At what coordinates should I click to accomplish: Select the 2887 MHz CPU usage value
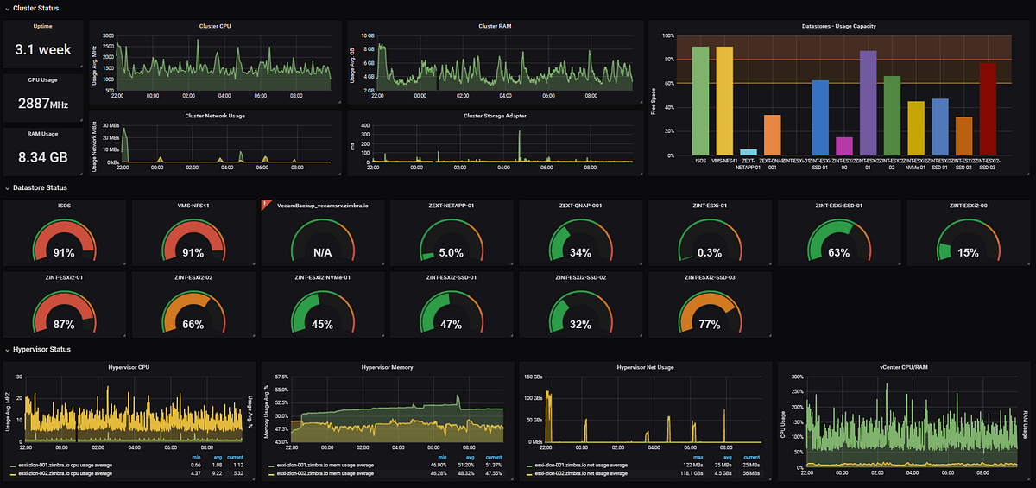[43, 104]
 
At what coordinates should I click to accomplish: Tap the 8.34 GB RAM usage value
[43, 157]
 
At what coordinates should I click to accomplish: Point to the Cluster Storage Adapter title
[495, 115]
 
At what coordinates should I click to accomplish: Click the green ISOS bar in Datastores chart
[700, 101]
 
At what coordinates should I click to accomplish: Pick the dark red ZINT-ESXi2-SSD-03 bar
[989, 110]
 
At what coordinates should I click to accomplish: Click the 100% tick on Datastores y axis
[666, 35]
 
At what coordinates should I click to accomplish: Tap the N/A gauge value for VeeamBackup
[321, 253]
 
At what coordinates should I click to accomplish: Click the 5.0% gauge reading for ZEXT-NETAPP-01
[451, 253]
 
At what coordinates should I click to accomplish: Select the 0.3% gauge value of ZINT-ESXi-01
[710, 253]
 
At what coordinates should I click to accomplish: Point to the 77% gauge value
[710, 325]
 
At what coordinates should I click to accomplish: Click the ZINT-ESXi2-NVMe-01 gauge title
[321, 278]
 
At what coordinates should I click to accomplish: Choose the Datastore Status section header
[38, 187]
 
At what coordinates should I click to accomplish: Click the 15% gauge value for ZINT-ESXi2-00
[968, 253]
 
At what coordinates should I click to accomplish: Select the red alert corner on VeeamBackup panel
[264, 204]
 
